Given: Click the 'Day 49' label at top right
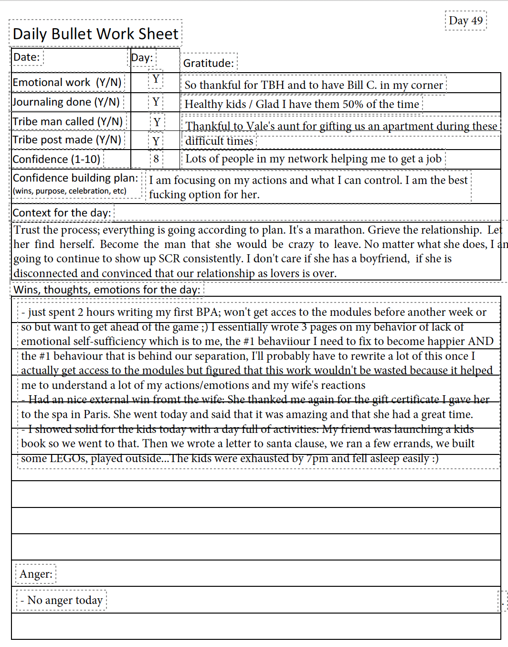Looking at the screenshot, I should pyautogui.click(x=466, y=21).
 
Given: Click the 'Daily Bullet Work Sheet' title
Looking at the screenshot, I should pyautogui.click(x=95, y=34).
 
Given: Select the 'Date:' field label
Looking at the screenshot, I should pyautogui.click(x=27, y=57).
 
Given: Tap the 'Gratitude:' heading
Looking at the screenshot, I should pyautogui.click(x=209, y=63).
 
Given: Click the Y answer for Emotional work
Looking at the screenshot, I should pyautogui.click(x=156, y=79).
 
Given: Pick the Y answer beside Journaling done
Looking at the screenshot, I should pyautogui.click(x=156, y=102).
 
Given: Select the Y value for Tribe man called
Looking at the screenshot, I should pyautogui.click(x=157, y=122).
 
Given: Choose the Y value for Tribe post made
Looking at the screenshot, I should pyautogui.click(x=156, y=141).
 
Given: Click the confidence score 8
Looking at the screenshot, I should pyautogui.click(x=156, y=159).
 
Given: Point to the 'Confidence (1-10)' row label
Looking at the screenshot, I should pyautogui.click(x=56, y=159).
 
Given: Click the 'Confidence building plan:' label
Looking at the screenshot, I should pyautogui.click(x=75, y=178).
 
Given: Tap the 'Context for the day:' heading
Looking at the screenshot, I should pyautogui.click(x=62, y=213).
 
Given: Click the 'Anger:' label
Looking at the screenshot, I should pyautogui.click(x=36, y=574).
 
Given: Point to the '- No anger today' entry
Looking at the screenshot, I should pyautogui.click(x=62, y=600).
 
